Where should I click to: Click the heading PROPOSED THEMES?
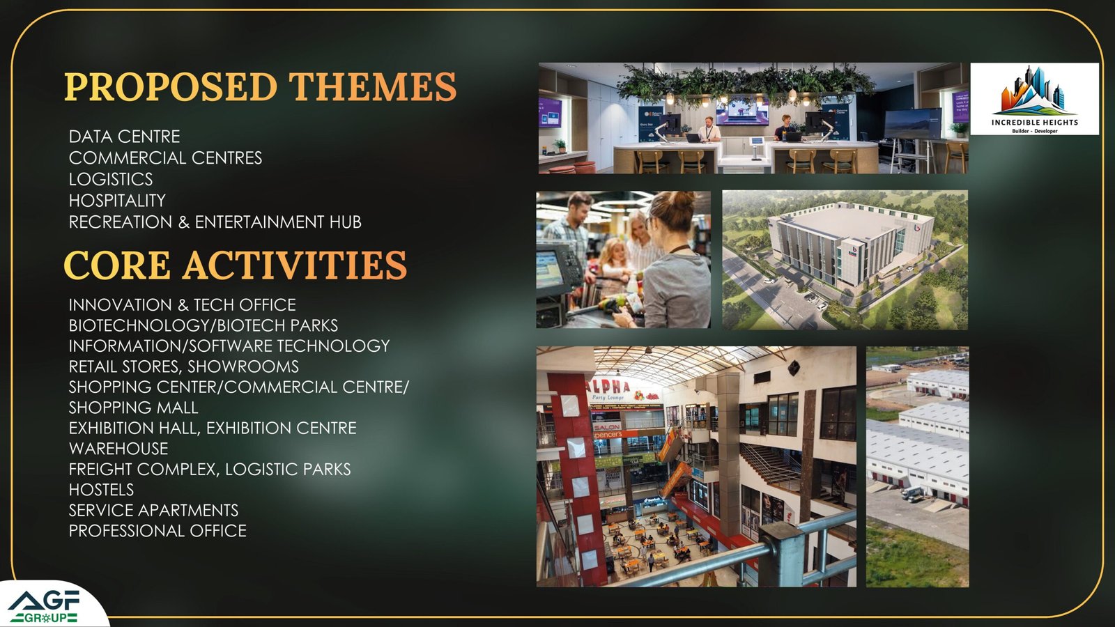pos(260,86)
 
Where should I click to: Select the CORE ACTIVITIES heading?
pos(236,265)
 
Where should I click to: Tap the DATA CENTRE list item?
pos(125,137)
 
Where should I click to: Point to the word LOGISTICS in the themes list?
pos(111,179)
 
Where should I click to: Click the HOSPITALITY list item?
pos(117,201)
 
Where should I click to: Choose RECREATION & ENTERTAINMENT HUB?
pos(215,222)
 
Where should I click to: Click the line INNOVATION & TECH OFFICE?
pos(182,304)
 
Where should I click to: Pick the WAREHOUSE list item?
pos(118,449)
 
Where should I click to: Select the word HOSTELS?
pos(101,490)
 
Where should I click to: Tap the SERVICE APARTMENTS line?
pos(153,510)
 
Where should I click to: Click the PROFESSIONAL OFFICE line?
pos(157,531)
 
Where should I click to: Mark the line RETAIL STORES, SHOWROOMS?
pos(184,366)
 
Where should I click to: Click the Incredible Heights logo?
pos(1034,98)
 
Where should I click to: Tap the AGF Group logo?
pos(44,607)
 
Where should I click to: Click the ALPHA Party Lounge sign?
pos(622,389)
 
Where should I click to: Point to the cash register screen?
pos(550,269)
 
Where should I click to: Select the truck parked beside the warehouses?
pos(912,493)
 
